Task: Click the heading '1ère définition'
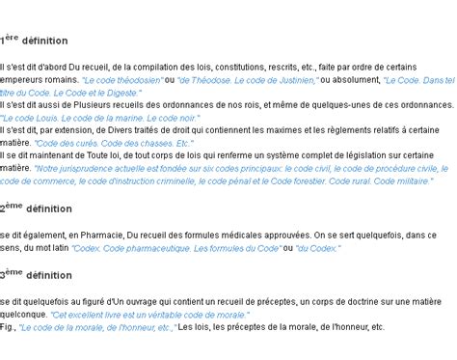[x=34, y=41]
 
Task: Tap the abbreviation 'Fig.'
[x=9, y=327]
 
